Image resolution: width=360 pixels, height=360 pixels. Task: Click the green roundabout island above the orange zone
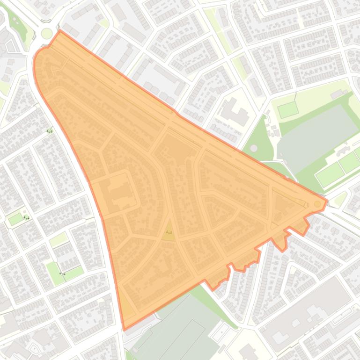pos(47,33)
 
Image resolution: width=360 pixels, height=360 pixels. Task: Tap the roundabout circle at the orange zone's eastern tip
pos(317,204)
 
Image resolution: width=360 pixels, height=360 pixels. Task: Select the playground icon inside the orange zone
pos(169,231)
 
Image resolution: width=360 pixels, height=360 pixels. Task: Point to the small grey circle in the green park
pos(254,148)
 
